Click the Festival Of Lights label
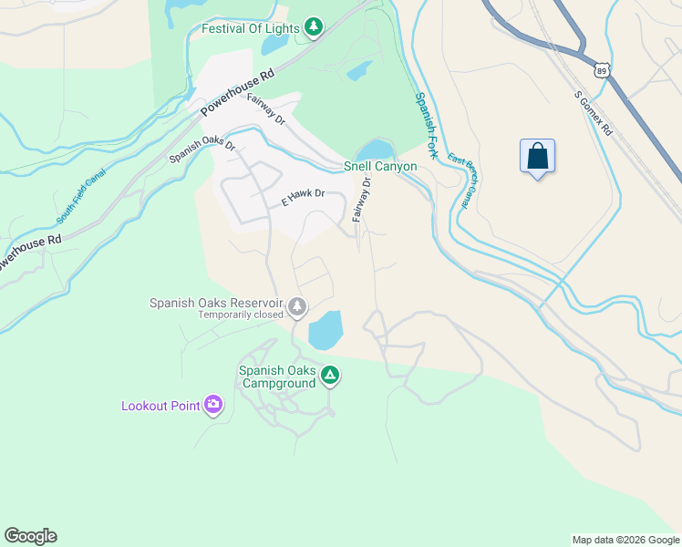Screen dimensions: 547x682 250,28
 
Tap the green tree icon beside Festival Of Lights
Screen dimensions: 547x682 314,27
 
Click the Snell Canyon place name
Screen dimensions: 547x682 380,166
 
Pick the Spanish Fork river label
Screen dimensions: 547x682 426,126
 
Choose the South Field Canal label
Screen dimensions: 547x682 81,196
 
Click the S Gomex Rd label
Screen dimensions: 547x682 594,112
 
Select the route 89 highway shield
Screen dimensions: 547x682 601,70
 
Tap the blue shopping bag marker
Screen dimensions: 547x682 537,156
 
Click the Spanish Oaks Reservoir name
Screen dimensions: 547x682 217,303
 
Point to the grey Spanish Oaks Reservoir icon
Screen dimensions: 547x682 298,307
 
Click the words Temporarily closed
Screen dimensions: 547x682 241,315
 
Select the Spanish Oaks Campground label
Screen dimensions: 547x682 277,377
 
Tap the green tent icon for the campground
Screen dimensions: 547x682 330,375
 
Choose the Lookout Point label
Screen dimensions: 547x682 160,406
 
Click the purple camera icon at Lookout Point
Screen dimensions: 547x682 213,404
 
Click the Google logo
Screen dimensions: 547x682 30,536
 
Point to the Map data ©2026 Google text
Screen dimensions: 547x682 625,540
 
